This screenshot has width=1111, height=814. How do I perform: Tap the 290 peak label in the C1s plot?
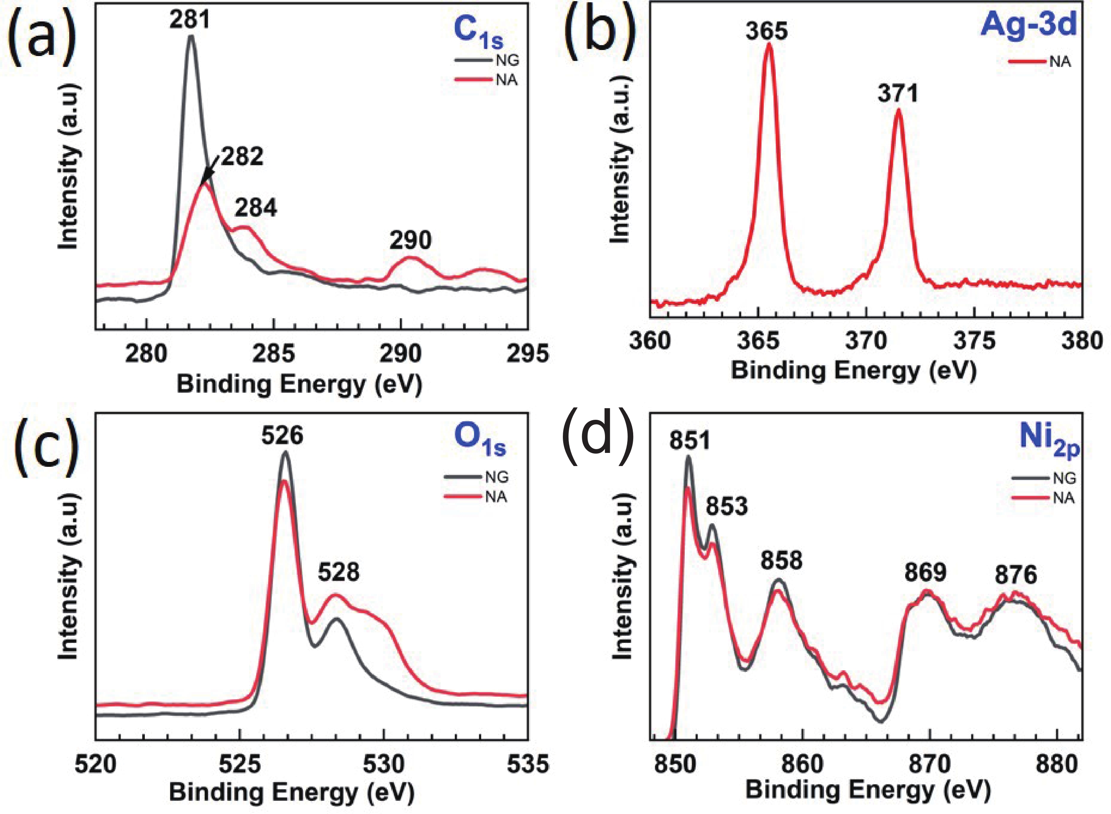[410, 240]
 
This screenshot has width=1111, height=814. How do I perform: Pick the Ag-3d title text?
[1028, 24]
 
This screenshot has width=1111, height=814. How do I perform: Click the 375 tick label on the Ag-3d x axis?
[974, 341]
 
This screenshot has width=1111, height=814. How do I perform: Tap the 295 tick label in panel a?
[527, 354]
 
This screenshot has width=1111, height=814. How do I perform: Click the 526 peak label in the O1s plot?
[282, 436]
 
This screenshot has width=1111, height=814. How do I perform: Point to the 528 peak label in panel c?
[339, 572]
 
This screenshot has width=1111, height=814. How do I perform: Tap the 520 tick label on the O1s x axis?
[96, 765]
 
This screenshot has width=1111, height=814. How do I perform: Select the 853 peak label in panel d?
[727, 506]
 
